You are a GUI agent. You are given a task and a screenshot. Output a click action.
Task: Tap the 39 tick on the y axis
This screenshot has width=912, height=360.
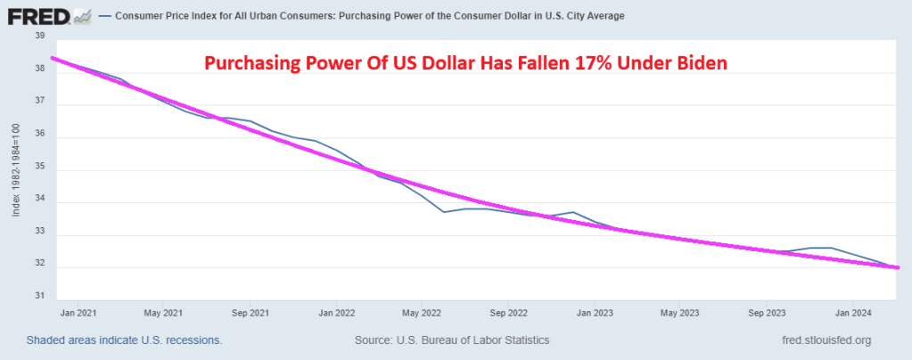[x=39, y=36]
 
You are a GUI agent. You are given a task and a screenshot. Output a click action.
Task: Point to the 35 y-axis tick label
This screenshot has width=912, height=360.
[x=39, y=169]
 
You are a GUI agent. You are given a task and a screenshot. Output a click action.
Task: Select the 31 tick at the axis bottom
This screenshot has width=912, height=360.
[x=39, y=297]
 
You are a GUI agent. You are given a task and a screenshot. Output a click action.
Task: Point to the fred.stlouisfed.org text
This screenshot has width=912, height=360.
[x=825, y=340]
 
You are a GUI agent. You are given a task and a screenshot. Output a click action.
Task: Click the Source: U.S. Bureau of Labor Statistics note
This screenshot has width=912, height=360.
[x=452, y=340]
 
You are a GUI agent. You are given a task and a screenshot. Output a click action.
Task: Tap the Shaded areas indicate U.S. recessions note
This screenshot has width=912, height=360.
[x=124, y=340]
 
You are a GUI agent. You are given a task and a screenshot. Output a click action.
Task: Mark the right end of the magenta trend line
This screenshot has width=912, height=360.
[x=897, y=267]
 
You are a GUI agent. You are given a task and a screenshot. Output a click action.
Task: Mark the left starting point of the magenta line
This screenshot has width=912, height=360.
[x=53, y=59]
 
